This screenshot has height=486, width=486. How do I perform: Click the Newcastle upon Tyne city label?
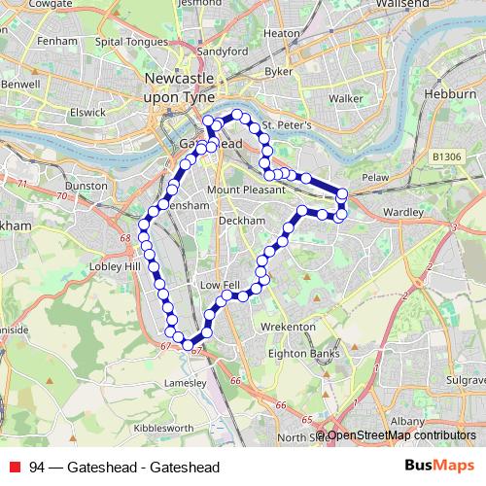pyautogui.click(x=183, y=85)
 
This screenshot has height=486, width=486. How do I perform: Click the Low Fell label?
pyautogui.click(x=219, y=285)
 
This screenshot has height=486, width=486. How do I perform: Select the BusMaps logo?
pyautogui.click(x=437, y=466)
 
